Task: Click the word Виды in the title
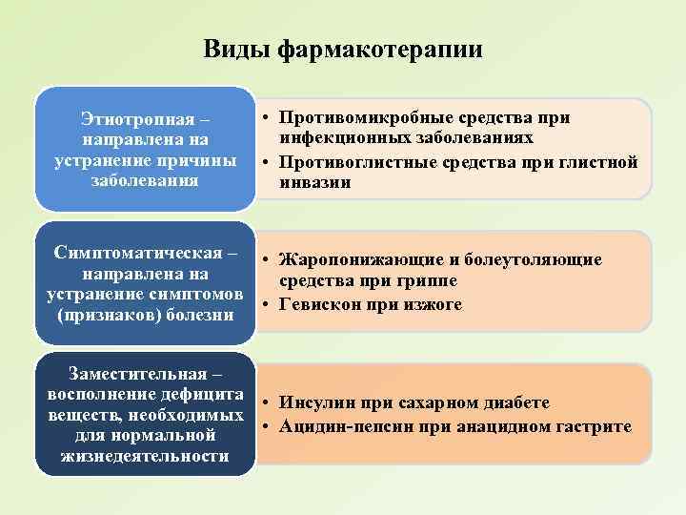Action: point(236,50)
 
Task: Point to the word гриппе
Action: point(428,282)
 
